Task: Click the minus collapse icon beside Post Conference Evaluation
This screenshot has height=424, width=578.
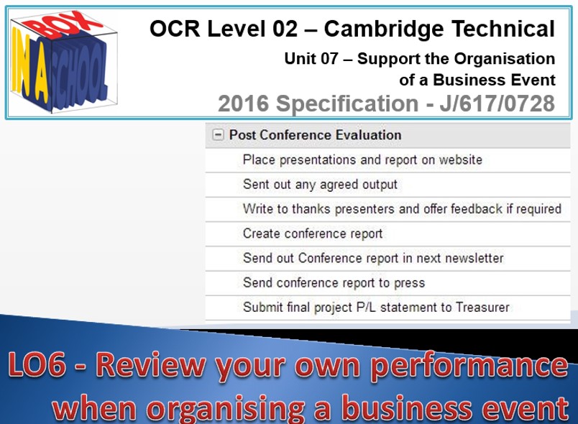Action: click(x=218, y=135)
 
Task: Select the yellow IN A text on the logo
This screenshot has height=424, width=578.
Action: click(x=30, y=68)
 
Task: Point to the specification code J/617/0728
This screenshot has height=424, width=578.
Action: click(x=497, y=103)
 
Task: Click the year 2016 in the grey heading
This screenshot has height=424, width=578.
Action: click(x=243, y=103)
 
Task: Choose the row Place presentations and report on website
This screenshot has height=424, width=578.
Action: click(x=362, y=160)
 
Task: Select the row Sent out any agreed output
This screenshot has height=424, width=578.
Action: click(x=320, y=185)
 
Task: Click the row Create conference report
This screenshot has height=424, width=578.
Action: click(x=313, y=234)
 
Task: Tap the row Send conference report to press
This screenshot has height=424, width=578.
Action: click(x=334, y=283)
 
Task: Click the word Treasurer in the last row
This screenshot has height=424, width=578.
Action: click(x=482, y=308)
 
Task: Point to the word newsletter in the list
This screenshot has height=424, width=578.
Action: click(x=474, y=258)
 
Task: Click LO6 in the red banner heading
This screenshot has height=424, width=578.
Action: click(x=37, y=364)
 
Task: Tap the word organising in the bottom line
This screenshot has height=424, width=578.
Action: click(x=225, y=408)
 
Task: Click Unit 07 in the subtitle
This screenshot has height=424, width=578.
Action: click(x=311, y=59)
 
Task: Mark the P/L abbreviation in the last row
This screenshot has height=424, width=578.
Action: click(x=366, y=308)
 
